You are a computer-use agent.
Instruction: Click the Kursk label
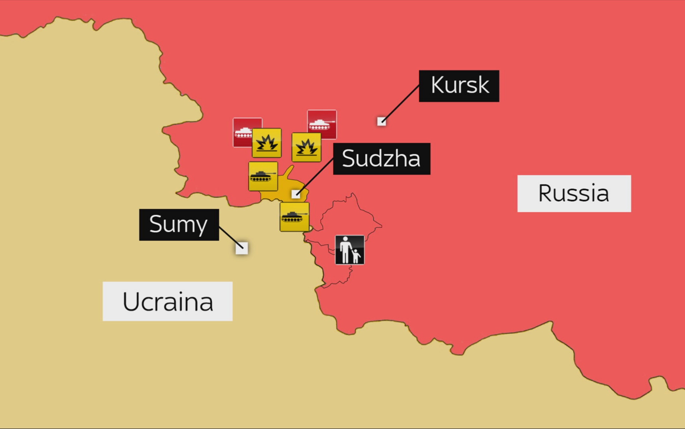pos(459,86)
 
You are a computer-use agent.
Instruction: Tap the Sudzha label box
pos(381,159)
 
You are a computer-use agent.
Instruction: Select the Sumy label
pos(179,225)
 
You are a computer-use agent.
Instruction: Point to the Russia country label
pos(574,193)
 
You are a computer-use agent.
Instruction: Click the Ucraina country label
pos(167,301)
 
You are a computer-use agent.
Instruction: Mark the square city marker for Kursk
pos(381,122)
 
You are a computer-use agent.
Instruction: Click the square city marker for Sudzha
pos(296,194)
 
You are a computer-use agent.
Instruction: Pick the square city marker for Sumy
pos(242,248)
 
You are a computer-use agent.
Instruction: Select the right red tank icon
pos(322,124)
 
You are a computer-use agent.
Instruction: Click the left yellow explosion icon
pos(267,143)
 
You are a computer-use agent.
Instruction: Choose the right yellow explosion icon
pos(306,147)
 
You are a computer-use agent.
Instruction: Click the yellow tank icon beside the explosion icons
pos(263,176)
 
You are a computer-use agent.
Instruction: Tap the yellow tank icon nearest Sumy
pos(294,217)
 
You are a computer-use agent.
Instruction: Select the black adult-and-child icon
pos(350,250)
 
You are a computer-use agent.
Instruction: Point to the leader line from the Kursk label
pos(400,103)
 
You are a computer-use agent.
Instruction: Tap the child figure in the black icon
pos(356,256)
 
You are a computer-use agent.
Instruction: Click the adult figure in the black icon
pos(345,249)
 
